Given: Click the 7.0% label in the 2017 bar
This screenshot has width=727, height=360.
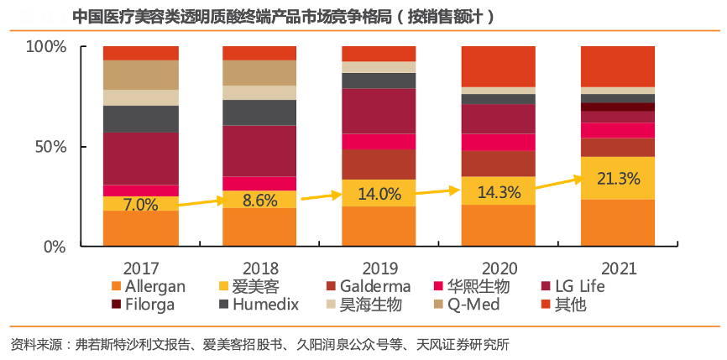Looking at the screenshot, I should coord(140,204).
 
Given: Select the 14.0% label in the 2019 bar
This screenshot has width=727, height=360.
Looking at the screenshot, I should coord(379,194).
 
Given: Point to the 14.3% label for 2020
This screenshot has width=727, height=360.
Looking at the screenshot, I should coord(498,191).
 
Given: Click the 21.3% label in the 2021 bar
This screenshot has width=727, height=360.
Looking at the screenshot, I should coord(617,178).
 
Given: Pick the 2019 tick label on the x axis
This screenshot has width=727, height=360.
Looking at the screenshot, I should coord(379,269).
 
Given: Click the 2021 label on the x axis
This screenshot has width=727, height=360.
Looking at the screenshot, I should coord(617,269).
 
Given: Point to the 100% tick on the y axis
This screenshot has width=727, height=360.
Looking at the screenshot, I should coord(45,46).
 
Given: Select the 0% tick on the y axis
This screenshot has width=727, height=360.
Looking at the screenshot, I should coord(55,248).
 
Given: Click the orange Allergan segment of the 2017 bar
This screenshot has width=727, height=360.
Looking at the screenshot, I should coord(140,228).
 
